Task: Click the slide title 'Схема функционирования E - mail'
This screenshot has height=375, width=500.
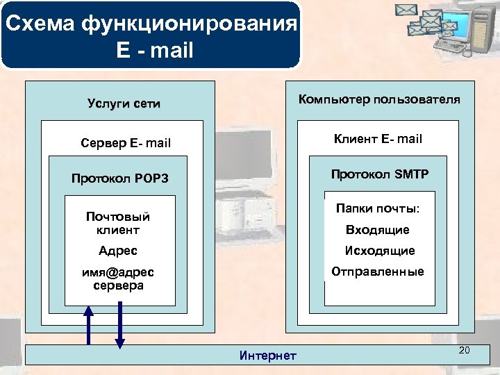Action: point(151,37)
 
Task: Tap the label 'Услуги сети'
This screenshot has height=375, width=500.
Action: point(124,104)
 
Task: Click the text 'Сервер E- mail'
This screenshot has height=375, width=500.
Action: point(126,144)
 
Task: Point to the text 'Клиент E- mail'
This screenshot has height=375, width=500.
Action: point(378,139)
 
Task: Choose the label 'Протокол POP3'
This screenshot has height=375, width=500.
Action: point(120,178)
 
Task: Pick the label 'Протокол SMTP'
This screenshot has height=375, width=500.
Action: point(380,174)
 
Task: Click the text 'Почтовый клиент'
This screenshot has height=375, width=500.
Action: point(118,223)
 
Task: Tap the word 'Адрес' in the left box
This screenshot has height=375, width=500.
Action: point(118,251)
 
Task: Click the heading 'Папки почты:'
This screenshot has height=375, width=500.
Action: point(378,208)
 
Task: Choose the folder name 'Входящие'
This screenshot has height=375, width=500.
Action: point(378,230)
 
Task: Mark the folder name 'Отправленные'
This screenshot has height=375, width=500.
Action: point(378,272)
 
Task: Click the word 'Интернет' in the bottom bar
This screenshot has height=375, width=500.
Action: point(267,356)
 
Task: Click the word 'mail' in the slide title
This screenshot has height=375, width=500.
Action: point(170,51)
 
